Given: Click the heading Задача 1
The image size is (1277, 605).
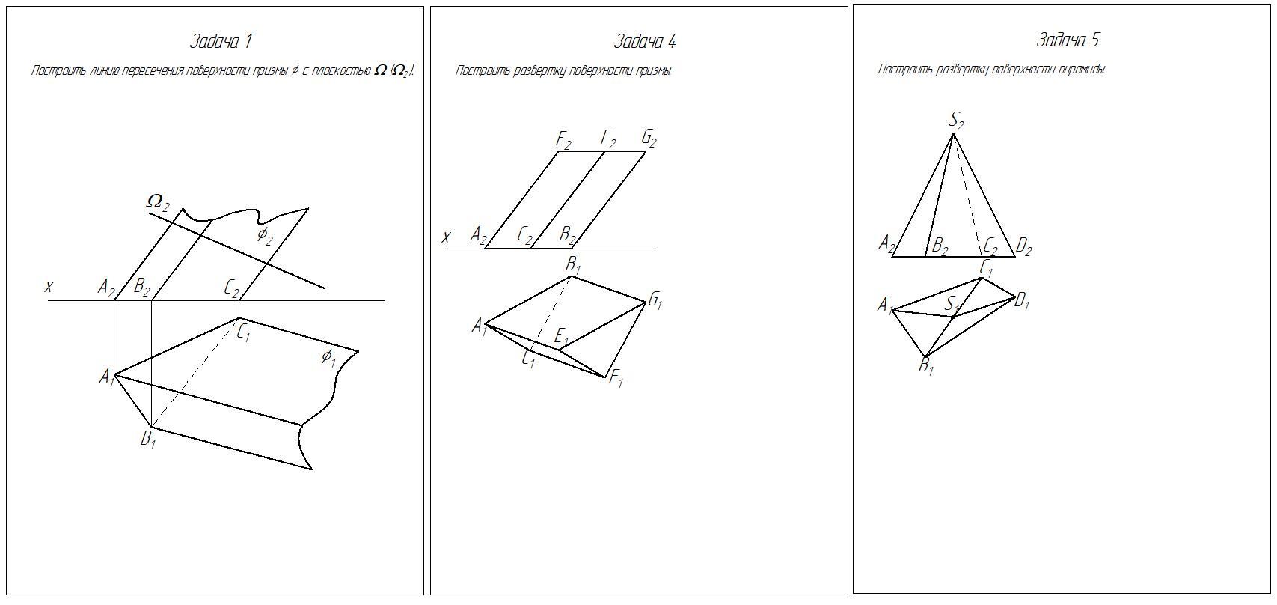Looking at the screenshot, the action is click(x=221, y=41).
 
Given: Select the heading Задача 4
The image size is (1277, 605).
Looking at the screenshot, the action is click(x=644, y=41).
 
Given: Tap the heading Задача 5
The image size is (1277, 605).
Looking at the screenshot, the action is click(x=1068, y=40).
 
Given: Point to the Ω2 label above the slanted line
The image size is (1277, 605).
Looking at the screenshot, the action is click(x=158, y=201).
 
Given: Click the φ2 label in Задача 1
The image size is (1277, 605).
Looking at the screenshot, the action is click(x=265, y=235).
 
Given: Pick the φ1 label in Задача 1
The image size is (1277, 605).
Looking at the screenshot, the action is click(x=328, y=357).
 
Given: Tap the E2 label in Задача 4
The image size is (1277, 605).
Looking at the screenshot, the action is click(x=564, y=139).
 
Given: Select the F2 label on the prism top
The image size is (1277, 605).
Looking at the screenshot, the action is click(x=608, y=139).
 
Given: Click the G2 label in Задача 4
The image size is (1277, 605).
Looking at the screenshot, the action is click(x=649, y=139).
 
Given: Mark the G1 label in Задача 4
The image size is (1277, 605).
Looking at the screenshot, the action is click(x=655, y=301).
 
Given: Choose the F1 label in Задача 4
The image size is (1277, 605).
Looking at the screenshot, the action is click(x=616, y=379).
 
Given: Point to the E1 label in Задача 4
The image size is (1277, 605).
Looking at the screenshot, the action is click(x=562, y=337).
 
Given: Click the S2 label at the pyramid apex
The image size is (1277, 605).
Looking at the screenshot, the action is click(x=957, y=120).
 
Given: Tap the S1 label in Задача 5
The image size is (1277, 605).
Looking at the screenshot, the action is click(x=952, y=304).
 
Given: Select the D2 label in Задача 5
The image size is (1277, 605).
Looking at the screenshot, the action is click(x=1023, y=246).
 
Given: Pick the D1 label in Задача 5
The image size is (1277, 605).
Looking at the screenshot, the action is click(x=1022, y=302).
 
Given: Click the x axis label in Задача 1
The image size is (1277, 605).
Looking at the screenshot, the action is click(x=49, y=286).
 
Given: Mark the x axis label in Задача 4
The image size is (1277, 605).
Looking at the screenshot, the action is click(x=447, y=237).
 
